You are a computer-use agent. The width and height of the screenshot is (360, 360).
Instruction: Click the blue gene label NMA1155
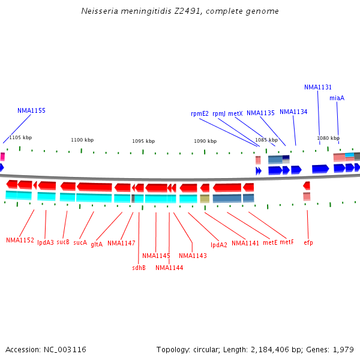click(x=31, y=110)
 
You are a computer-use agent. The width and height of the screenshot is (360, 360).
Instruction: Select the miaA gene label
click(x=337, y=98)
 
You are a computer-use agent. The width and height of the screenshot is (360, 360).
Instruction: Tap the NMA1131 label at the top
click(x=318, y=87)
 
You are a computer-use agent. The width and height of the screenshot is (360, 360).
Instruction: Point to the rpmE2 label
click(x=200, y=113)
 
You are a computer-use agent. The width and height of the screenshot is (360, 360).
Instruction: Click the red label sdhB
click(x=139, y=268)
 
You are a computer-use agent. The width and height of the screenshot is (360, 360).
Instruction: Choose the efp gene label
click(x=308, y=242)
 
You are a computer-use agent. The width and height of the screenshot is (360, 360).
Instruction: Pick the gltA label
click(x=97, y=244)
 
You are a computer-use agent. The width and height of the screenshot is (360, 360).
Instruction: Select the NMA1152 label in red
click(x=20, y=240)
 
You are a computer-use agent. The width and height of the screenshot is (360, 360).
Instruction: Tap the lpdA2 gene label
click(x=219, y=245)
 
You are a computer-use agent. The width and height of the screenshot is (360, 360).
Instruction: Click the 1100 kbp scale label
click(x=82, y=140)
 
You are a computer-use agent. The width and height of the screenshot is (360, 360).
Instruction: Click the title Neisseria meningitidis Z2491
click(x=180, y=11)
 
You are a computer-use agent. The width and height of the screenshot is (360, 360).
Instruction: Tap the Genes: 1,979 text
click(x=335, y=349)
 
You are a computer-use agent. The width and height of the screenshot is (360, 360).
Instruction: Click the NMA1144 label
click(x=169, y=268)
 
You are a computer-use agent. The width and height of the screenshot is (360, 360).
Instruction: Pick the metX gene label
click(x=235, y=113)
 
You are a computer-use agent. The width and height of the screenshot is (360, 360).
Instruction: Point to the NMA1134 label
click(x=293, y=112)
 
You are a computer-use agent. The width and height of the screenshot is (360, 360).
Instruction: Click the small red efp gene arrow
click(x=307, y=186)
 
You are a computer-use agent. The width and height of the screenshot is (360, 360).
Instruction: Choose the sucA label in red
click(x=80, y=242)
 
